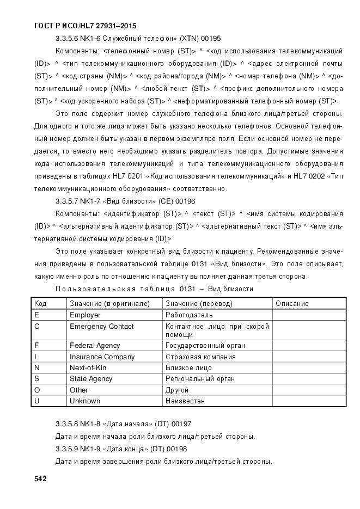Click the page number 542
(x=40, y=479)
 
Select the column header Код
(x=40, y=303)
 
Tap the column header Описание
(x=292, y=303)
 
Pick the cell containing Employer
(x=85, y=315)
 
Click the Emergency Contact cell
(x=101, y=327)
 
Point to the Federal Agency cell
(x=95, y=345)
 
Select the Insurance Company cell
(x=102, y=357)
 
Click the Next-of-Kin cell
(x=88, y=367)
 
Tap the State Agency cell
(x=91, y=378)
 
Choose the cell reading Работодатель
(x=189, y=315)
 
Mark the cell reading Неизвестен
(x=185, y=401)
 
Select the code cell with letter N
(x=36, y=367)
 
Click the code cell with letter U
(x=36, y=401)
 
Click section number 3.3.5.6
(x=68, y=39)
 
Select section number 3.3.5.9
(x=68, y=449)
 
